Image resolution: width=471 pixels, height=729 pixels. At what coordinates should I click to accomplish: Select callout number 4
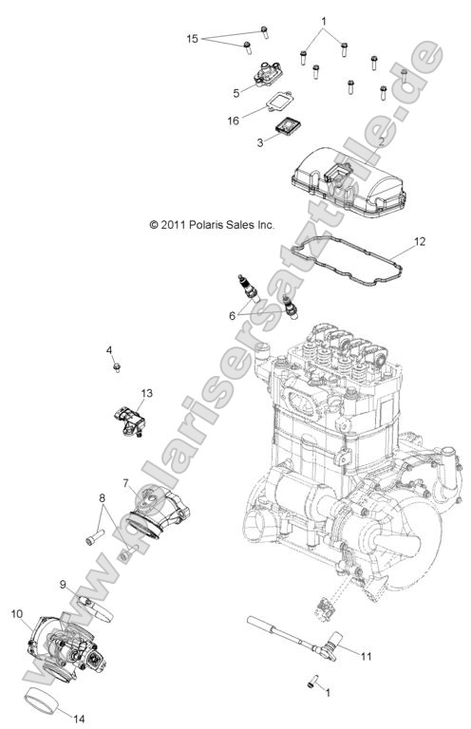(x=110, y=352)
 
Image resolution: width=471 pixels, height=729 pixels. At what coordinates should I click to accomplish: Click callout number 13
(x=146, y=392)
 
